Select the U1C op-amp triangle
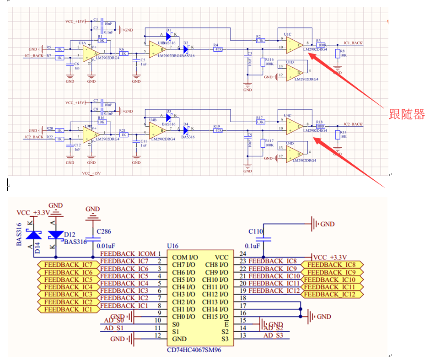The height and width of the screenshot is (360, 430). tap(293, 45)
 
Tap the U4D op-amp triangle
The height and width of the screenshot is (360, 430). tap(294, 156)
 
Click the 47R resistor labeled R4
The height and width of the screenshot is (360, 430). tap(218, 49)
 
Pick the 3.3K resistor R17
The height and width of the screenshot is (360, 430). tap(260, 122)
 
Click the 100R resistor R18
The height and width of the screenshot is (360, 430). tap(320, 126)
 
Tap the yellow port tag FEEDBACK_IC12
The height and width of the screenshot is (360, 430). tap(333, 294)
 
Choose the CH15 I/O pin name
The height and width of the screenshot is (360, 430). tap(216, 317)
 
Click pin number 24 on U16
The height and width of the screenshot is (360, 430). tap(242, 254)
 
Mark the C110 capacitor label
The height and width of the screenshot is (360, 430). tap(256, 231)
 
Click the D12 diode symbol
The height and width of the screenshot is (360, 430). tap(56, 235)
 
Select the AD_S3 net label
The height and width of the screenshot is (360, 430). tap(273, 335)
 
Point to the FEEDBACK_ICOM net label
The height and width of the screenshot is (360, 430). tap(128, 254)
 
